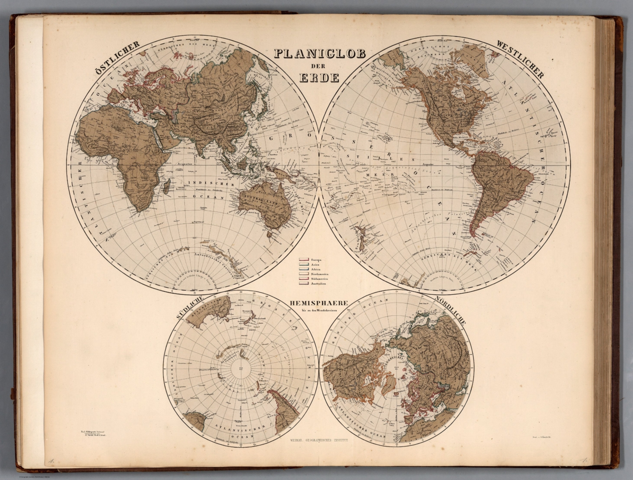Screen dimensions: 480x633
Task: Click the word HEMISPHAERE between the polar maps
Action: click(317, 303)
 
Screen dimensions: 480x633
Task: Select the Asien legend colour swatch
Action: click(304, 264)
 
